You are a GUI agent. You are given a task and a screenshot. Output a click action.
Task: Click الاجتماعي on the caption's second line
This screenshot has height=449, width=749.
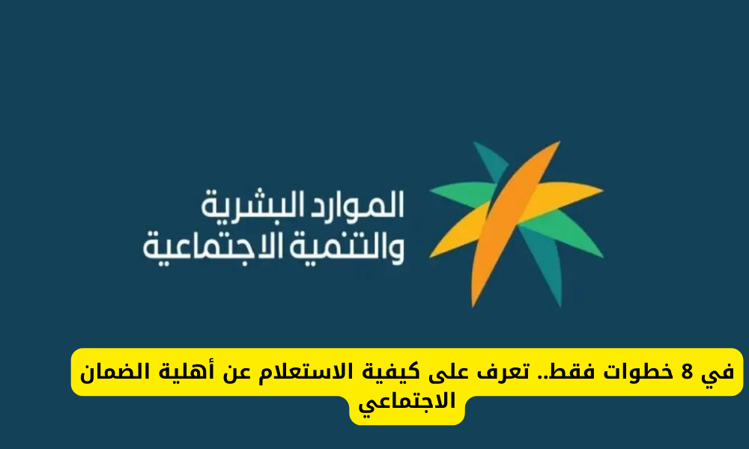pos(407,403)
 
